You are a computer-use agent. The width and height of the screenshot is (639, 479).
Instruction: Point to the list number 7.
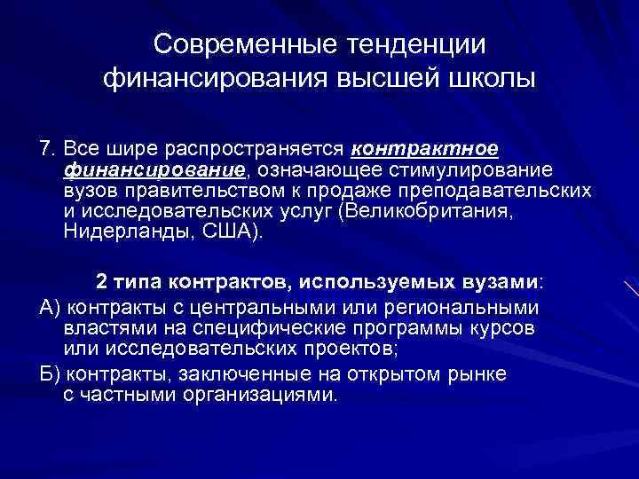coord(50,145)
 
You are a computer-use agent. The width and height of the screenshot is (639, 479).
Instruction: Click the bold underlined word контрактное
coord(425,145)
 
